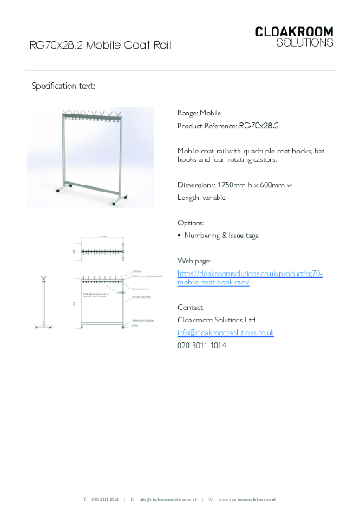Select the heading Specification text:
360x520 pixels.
coord(63,87)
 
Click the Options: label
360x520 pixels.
coord(191,223)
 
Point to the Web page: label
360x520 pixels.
coord(194,260)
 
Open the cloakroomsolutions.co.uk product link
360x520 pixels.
coord(250,277)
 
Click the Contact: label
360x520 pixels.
coord(191,308)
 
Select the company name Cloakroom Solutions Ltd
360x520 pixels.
coord(216,320)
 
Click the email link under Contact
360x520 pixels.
coord(226,332)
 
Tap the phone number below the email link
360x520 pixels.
coord(201,345)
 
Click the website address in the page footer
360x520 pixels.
coord(247,500)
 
